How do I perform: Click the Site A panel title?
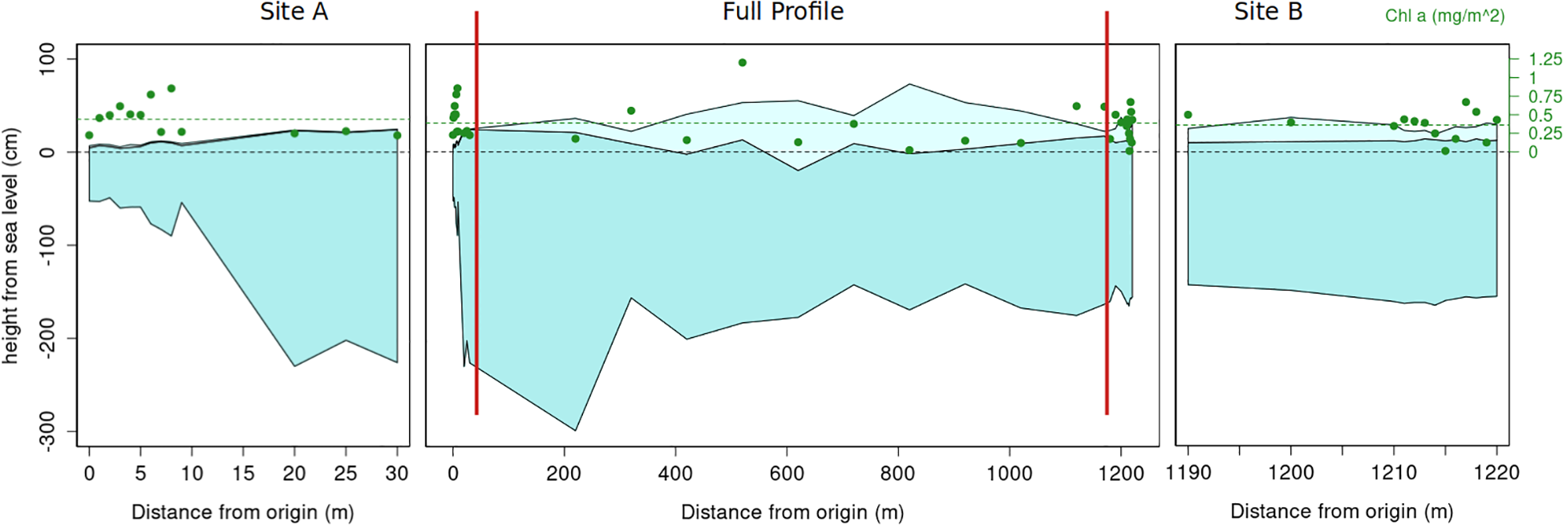pos(294,12)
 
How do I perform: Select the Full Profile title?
pos(783,12)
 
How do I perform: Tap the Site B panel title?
pos(1268,12)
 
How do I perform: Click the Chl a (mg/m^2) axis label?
pos(1444,16)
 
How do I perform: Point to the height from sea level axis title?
pos(10,246)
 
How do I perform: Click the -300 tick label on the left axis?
pos(47,432)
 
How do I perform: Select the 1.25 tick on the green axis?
pos(1545,59)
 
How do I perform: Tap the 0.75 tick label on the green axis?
pos(1545,97)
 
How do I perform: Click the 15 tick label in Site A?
pos(243,474)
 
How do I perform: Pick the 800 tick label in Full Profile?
pos(897,474)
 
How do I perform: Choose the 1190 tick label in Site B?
pos(1188,474)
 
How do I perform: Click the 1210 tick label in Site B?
pos(1394,474)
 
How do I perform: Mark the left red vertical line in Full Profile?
pos(476,241)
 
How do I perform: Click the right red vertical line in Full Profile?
pos(1107,241)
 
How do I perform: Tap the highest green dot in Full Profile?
pos(743,63)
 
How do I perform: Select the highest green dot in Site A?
pos(171,88)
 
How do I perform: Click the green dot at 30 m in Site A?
pos(397,136)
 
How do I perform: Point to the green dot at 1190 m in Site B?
pos(1188,115)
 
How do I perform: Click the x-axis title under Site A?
pos(242,512)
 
